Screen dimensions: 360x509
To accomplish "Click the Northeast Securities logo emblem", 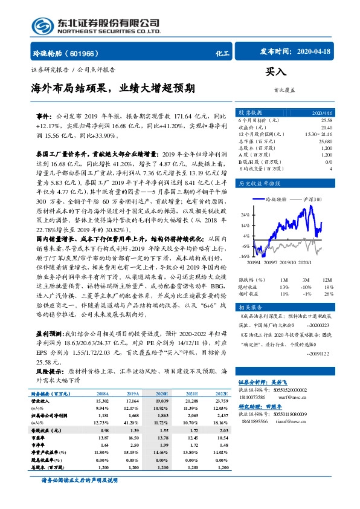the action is (44, 27).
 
